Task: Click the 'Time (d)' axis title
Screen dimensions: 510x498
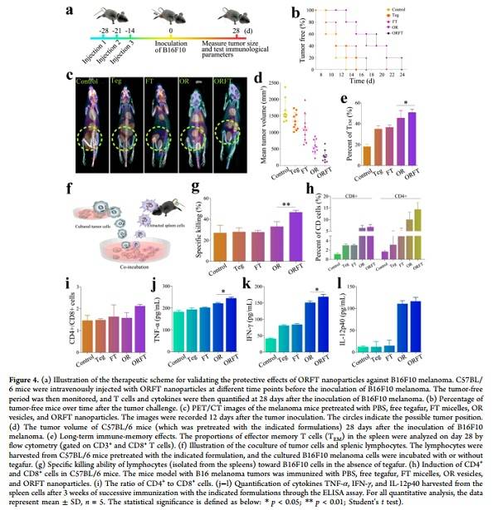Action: [x=360, y=82]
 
